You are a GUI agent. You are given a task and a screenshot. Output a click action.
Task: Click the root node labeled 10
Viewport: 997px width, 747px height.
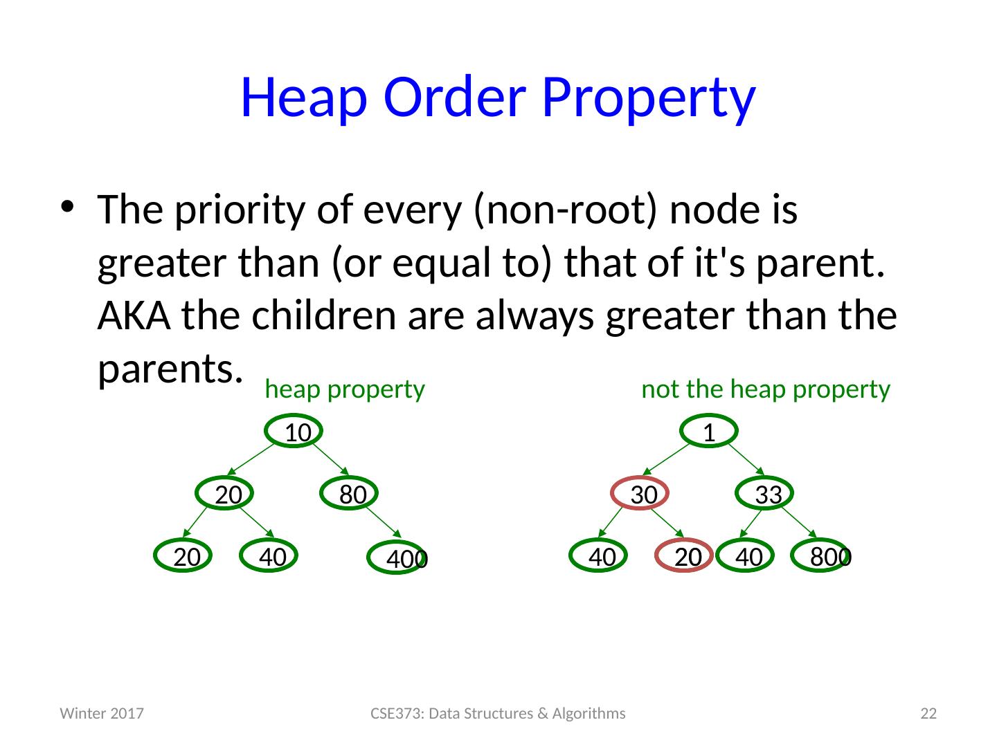pyautogui.click(x=294, y=430)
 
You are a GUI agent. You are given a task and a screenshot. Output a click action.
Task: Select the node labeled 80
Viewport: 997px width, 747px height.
pyautogui.click(x=349, y=492)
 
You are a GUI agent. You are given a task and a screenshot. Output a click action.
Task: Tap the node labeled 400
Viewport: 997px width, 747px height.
pyautogui.click(x=397, y=557)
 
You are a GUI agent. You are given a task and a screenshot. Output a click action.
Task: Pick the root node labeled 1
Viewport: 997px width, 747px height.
pyautogui.click(x=708, y=430)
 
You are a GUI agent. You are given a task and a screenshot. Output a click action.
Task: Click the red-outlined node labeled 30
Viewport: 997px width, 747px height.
pyautogui.click(x=640, y=492)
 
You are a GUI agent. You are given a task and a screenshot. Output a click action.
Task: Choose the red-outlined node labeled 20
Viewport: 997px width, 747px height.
pyautogui.click(x=683, y=555)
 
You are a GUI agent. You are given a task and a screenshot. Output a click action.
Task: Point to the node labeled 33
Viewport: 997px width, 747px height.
pyautogui.click(x=764, y=492)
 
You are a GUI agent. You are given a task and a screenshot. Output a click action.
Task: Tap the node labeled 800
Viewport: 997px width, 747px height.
pyautogui.click(x=820, y=555)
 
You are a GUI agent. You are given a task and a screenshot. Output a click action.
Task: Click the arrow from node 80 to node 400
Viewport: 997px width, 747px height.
pyautogui.click(x=384, y=522)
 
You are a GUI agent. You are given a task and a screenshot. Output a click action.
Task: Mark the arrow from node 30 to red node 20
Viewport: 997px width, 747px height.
pyautogui.click(x=667, y=523)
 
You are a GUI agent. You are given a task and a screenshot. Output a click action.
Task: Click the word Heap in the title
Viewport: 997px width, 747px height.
pyautogui.click(x=304, y=98)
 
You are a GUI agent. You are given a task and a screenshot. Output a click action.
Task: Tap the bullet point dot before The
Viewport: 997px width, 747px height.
pyautogui.click(x=67, y=207)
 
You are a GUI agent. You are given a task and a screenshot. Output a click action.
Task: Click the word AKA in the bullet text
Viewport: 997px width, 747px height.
pyautogui.click(x=134, y=315)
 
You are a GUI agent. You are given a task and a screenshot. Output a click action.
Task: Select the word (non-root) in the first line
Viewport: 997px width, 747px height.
pyautogui.click(x=565, y=210)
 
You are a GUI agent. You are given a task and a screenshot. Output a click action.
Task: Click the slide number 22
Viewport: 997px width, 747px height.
pyautogui.click(x=928, y=713)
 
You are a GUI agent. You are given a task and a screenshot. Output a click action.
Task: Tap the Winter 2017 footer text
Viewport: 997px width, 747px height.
pyautogui.click(x=102, y=713)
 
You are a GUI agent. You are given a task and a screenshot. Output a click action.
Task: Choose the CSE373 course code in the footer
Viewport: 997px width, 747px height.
pyautogui.click(x=396, y=713)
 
